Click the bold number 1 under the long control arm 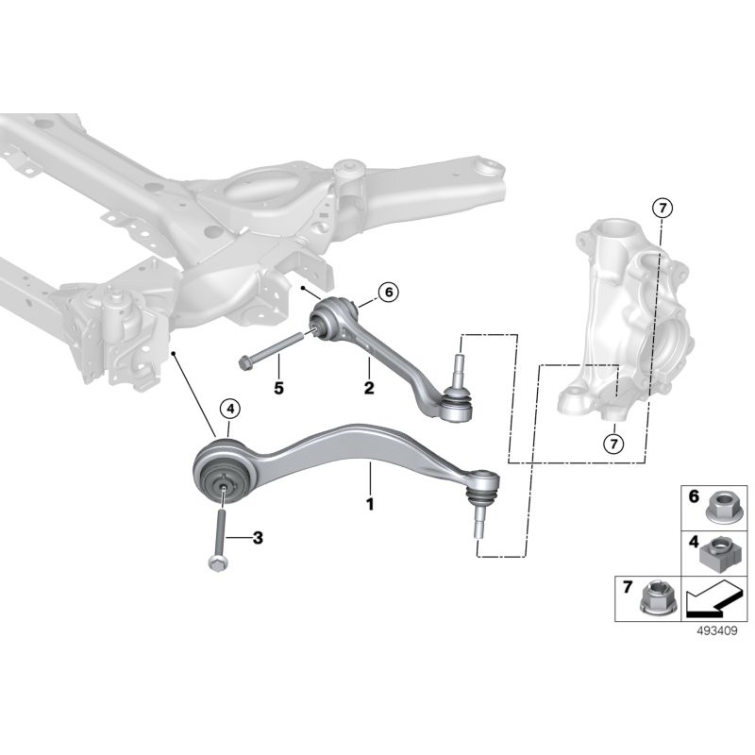[370, 504]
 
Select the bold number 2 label [369, 387]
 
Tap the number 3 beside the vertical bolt [258, 538]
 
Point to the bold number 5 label [277, 387]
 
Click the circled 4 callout [229, 409]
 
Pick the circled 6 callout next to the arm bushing [388, 294]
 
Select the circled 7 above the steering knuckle [663, 208]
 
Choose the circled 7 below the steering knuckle [612, 441]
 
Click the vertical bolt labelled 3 [219, 528]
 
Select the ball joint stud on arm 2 [457, 368]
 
